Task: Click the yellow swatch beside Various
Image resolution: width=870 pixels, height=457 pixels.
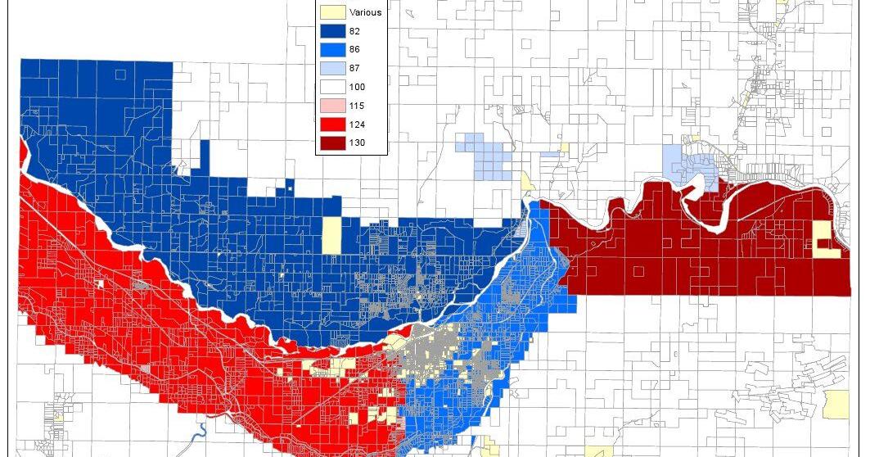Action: pos(331,12)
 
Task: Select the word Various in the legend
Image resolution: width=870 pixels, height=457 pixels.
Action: pos(365,12)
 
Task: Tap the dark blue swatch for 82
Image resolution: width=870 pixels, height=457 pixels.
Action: pos(331,31)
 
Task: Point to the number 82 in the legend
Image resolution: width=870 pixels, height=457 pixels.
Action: pos(354,31)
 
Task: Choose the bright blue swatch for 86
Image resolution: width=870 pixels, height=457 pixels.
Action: pos(331,50)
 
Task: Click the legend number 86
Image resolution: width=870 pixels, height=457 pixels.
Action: pos(354,50)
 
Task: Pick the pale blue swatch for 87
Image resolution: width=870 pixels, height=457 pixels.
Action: pos(331,69)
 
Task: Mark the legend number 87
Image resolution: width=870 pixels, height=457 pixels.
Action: pos(354,69)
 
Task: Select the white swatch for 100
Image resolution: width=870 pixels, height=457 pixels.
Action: pos(331,88)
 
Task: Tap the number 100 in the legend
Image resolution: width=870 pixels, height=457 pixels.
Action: pos(357,88)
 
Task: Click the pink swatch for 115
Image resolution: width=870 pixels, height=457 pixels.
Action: pos(331,106)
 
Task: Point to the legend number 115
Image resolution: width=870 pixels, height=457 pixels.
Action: pos(357,106)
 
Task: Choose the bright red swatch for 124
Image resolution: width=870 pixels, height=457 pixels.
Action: pos(331,125)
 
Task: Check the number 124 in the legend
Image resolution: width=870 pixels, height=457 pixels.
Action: pos(357,125)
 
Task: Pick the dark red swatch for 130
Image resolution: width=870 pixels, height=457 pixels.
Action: pos(331,143)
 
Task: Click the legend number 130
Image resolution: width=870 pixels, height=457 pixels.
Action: pos(357,143)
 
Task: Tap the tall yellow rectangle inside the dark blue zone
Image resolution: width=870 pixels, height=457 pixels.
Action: pos(331,234)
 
